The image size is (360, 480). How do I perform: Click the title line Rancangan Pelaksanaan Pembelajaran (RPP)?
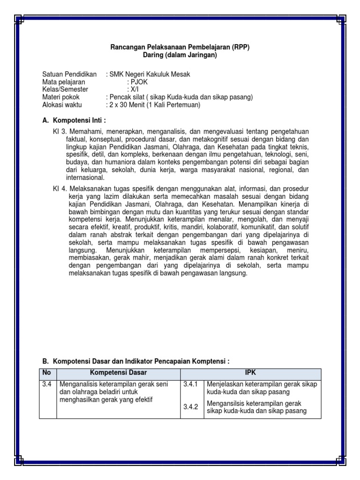(180, 47)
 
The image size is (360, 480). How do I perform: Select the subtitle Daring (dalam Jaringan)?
(180, 55)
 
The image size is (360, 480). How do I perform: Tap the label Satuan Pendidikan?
(69, 75)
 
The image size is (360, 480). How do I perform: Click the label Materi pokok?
(61, 97)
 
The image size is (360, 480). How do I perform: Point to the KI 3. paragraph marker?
(60, 133)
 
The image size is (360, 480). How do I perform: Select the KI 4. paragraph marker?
(60, 189)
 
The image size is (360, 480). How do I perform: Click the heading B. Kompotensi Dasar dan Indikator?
(136, 361)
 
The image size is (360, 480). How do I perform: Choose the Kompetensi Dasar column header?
(119, 373)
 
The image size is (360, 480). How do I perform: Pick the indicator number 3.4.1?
(191, 384)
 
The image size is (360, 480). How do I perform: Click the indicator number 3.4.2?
(191, 407)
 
